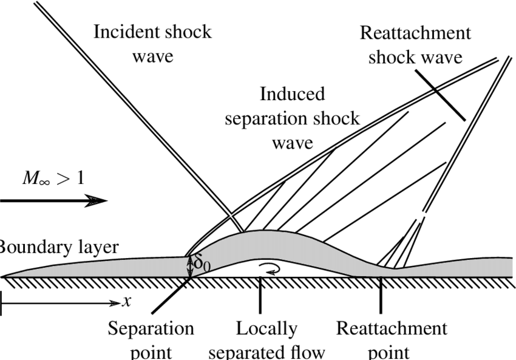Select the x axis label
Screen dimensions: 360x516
coord(126,301)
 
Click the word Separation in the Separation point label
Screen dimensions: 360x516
coord(151,328)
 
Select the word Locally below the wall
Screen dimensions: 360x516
coord(266,328)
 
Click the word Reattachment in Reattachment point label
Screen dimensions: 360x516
coord(392,328)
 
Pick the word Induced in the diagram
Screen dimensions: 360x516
coord(292,94)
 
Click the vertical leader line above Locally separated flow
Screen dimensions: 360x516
coord(260,294)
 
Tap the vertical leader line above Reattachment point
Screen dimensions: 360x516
coord(381,294)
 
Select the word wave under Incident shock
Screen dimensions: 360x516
coord(152,57)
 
